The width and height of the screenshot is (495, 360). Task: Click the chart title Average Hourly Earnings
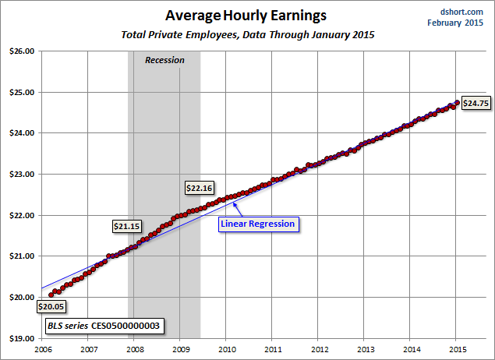[x=247, y=15]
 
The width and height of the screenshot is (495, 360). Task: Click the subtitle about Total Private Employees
[x=247, y=35]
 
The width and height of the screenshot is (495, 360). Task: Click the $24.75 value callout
[x=476, y=103]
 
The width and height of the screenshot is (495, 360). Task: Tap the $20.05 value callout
[x=52, y=306]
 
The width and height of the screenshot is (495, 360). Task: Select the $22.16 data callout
[x=200, y=188]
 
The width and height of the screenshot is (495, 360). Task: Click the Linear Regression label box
[x=258, y=224]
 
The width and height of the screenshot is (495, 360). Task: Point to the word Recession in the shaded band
[x=164, y=60]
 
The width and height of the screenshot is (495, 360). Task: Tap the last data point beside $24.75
[x=456, y=101]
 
